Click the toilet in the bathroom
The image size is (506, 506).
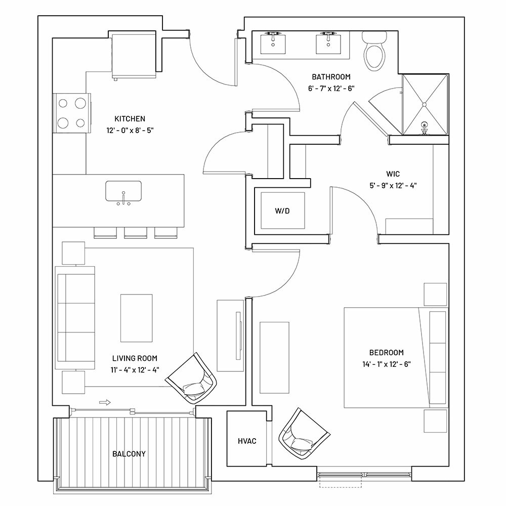coord(374,51)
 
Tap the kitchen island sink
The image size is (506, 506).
coord(123,191)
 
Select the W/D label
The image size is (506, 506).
coord(282,211)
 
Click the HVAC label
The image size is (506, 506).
coord(247,441)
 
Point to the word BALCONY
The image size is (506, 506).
coord(129,454)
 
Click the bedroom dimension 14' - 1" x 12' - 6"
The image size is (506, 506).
coord(386,364)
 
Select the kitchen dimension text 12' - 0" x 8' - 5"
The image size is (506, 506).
coord(130,131)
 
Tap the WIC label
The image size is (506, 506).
coord(393,174)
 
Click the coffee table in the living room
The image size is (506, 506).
coord(137,318)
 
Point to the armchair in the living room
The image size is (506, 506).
coord(191,378)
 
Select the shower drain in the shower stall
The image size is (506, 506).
coord(425,105)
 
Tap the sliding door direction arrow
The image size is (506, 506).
coord(105,402)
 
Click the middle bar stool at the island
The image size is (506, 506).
coord(136,233)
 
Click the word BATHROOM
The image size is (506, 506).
coord(331,77)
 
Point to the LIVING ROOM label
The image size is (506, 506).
coord(135,358)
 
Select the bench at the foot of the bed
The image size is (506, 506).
coord(274,358)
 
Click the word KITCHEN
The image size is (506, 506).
coord(130,119)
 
